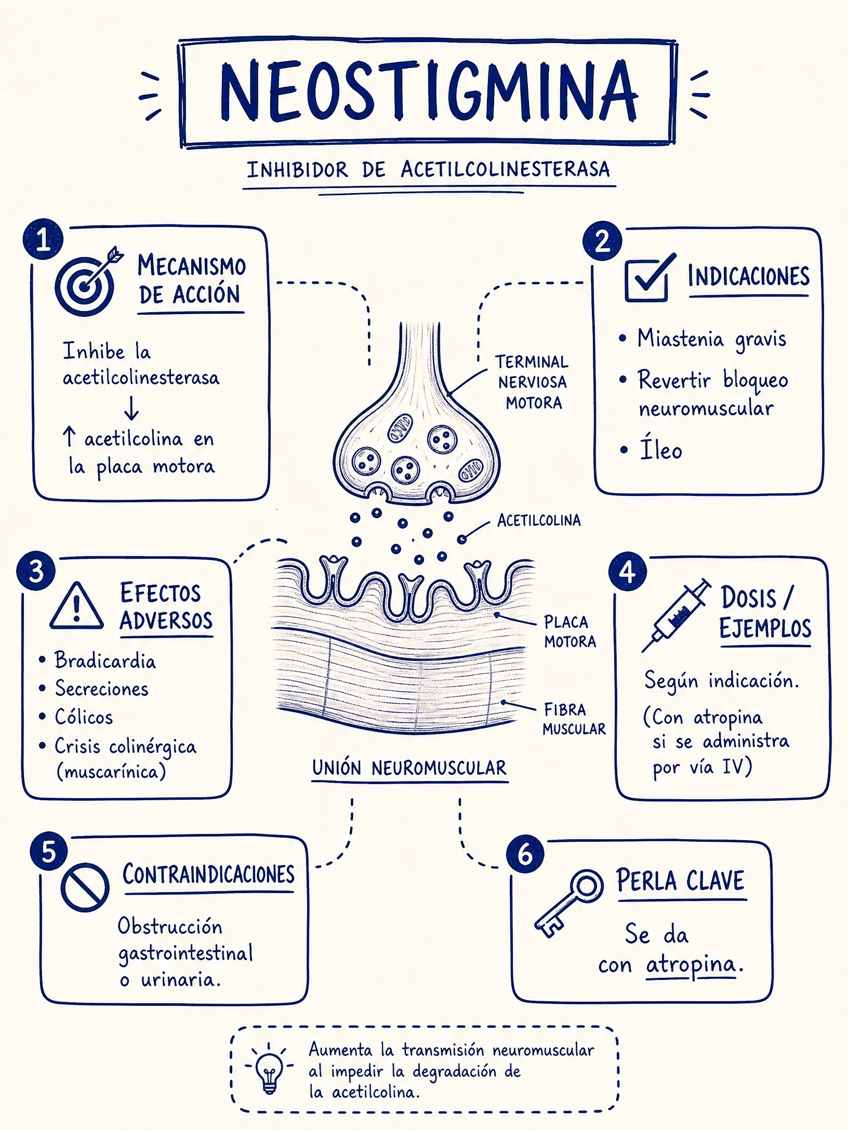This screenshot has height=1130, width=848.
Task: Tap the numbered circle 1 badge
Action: click(43, 239)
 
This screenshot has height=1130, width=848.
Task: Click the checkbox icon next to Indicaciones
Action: click(650, 278)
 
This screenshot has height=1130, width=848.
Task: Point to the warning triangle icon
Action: click(76, 607)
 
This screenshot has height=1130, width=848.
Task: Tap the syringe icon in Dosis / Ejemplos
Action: click(675, 615)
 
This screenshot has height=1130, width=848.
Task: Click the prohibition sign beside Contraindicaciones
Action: click(85, 887)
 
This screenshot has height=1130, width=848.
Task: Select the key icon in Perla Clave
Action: click(568, 903)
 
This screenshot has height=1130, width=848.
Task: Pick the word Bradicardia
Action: click(105, 661)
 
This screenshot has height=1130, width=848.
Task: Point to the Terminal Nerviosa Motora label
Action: click(532, 382)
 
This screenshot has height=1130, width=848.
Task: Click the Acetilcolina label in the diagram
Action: click(539, 520)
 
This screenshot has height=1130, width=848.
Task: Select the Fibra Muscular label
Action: click(574, 719)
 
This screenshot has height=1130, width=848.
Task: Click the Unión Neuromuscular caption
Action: click(409, 768)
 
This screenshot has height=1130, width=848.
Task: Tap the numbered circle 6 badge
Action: click(525, 854)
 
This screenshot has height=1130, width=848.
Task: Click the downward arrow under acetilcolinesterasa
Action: click(131, 408)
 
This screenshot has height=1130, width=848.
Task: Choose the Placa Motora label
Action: click(570, 631)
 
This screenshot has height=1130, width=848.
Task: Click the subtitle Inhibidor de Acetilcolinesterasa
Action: click(428, 170)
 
